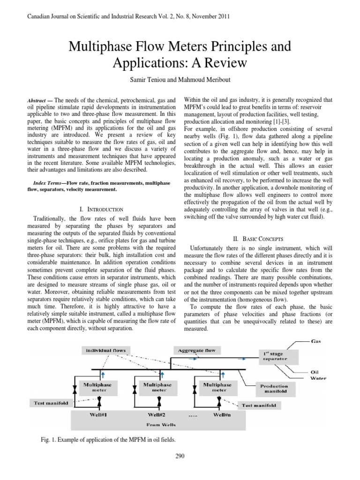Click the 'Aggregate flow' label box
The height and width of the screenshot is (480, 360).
click(x=195, y=350)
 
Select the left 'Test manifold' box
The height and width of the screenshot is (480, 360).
click(x=51, y=402)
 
